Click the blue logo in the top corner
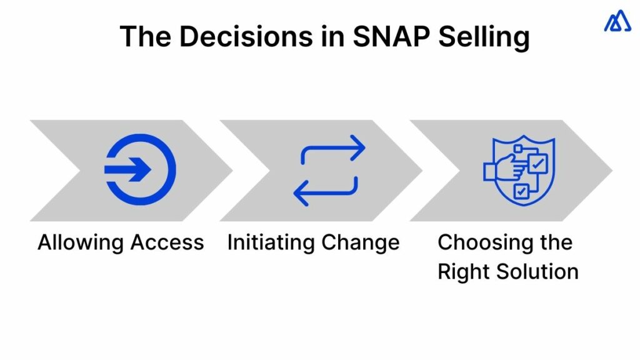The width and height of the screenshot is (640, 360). click(x=617, y=22)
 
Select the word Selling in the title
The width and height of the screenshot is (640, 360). click(x=483, y=37)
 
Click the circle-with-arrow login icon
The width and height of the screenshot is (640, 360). click(x=140, y=169)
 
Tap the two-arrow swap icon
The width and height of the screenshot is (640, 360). click(x=329, y=169)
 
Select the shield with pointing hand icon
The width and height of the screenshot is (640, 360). click(x=519, y=169)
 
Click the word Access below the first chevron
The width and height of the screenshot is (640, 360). click(x=170, y=242)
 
